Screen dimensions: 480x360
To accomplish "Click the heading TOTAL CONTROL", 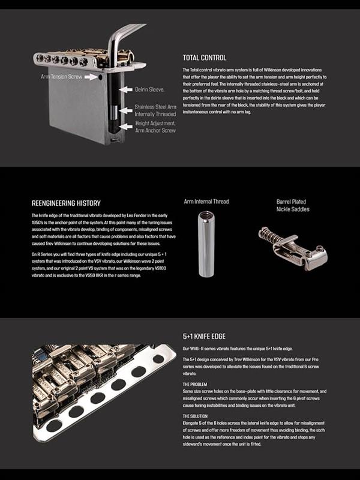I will click(204, 58).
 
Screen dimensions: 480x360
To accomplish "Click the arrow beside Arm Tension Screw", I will click(91, 77).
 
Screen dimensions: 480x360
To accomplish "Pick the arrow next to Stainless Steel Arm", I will click(124, 110).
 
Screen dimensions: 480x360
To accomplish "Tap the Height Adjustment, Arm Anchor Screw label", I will click(155, 127).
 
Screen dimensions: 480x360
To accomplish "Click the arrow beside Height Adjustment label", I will click(124, 127).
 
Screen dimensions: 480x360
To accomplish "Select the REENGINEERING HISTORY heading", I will click(65, 203).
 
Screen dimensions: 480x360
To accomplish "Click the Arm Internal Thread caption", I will click(206, 202).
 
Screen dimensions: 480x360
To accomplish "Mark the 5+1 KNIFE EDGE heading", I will click(204, 337).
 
